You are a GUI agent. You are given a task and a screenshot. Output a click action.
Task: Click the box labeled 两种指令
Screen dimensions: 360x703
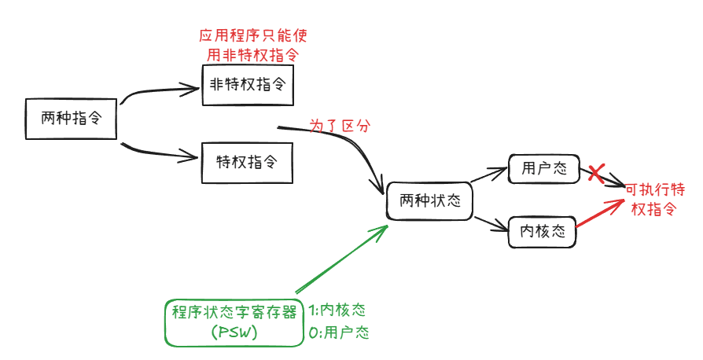tap(72, 119)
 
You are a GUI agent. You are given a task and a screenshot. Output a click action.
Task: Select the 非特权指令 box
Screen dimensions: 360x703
tap(248, 86)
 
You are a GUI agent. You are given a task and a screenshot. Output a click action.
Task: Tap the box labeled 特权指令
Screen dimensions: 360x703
tap(248, 163)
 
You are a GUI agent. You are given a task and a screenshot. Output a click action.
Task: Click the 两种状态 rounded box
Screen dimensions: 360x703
tap(429, 201)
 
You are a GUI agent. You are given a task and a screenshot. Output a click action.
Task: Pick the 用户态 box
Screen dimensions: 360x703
tap(543, 168)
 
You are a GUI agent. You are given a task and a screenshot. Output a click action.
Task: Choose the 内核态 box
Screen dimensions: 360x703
tap(543, 231)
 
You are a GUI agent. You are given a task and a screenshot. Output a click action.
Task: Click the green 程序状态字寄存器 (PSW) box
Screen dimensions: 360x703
tap(234, 322)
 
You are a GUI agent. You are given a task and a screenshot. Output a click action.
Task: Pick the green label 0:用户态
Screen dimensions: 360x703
tap(339, 332)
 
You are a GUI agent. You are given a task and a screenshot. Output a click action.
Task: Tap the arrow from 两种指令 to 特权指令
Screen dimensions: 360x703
tap(161, 151)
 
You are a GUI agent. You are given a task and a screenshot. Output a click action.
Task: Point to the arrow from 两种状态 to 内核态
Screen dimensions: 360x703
tap(489, 223)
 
